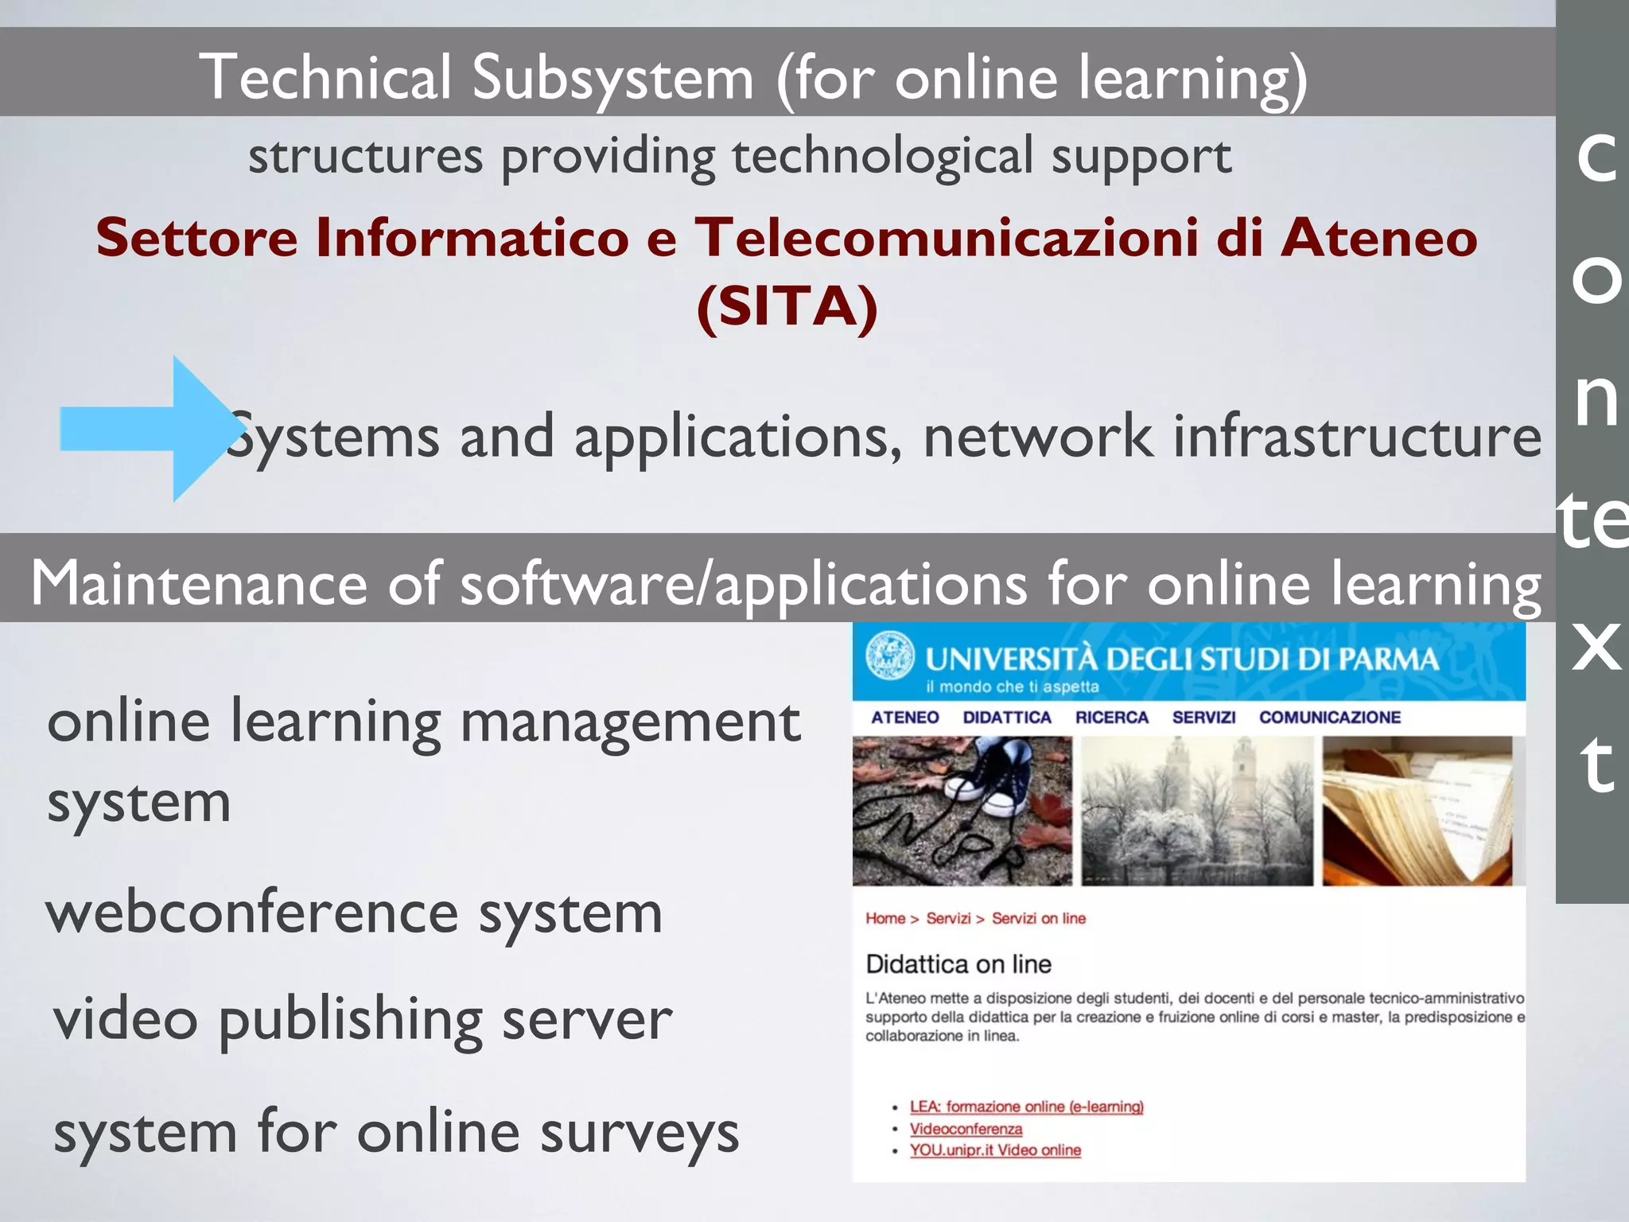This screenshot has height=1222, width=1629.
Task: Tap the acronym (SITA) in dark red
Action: tap(787, 306)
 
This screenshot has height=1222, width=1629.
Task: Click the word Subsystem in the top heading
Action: tap(612, 78)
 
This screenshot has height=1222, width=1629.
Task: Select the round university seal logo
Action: tap(890, 656)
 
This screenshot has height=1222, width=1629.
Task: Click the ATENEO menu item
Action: tap(904, 718)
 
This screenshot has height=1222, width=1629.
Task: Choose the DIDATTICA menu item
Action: tap(1007, 718)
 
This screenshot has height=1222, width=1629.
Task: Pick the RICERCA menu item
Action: tap(1111, 718)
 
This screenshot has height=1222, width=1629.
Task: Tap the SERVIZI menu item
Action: tap(1203, 718)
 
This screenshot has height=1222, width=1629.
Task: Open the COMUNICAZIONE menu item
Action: tap(1329, 718)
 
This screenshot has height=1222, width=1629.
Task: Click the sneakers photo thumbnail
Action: tap(962, 811)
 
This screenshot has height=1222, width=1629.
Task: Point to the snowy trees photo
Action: tap(1197, 811)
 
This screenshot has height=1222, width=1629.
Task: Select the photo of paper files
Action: tap(1417, 811)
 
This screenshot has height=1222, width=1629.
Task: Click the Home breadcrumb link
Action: tap(885, 919)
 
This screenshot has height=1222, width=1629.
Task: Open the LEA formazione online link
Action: tap(1026, 1107)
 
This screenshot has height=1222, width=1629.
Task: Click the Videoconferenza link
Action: tap(966, 1129)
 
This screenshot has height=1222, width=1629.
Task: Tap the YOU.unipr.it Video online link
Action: tap(995, 1150)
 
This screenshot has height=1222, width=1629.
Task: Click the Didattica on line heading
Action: tap(958, 964)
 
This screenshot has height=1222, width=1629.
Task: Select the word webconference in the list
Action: tap(253, 913)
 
